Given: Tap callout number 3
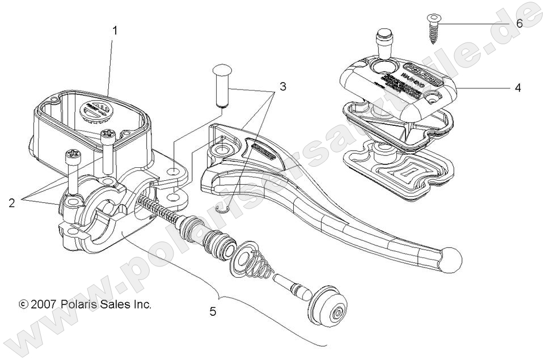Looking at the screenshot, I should click(282, 87).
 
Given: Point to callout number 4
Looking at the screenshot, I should click(517, 88).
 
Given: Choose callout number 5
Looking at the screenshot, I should click(212, 311).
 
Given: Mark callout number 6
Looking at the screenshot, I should click(519, 24).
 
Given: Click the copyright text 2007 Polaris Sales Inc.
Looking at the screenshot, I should click(85, 304).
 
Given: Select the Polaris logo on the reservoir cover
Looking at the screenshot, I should click(425, 78).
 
